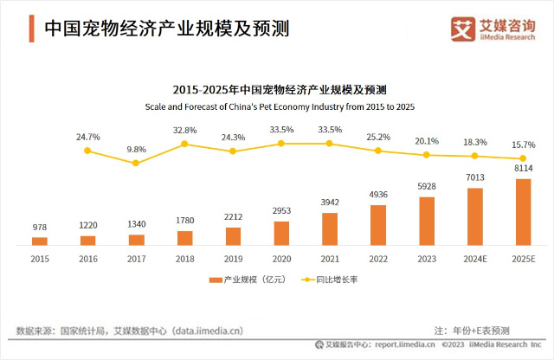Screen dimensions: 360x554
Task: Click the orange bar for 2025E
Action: click(522, 212)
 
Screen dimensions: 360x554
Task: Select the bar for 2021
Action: click(329, 228)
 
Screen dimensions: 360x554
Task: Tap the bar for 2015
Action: click(40, 241)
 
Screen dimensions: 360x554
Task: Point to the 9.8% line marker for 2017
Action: click(136, 163)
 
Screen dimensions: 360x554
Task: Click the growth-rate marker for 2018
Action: click(184, 144)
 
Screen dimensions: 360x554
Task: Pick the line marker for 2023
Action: click(426, 155)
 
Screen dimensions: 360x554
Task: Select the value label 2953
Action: click(281, 211)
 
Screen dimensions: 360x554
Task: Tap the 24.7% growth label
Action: click(87, 137)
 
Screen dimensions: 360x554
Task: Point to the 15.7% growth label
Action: click(524, 145)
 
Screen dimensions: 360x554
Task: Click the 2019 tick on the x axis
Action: click(233, 258)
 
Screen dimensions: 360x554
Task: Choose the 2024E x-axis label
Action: click(474, 258)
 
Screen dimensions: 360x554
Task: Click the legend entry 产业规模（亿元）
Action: click(246, 280)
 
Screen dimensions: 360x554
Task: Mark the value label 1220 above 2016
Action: click(87, 225)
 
